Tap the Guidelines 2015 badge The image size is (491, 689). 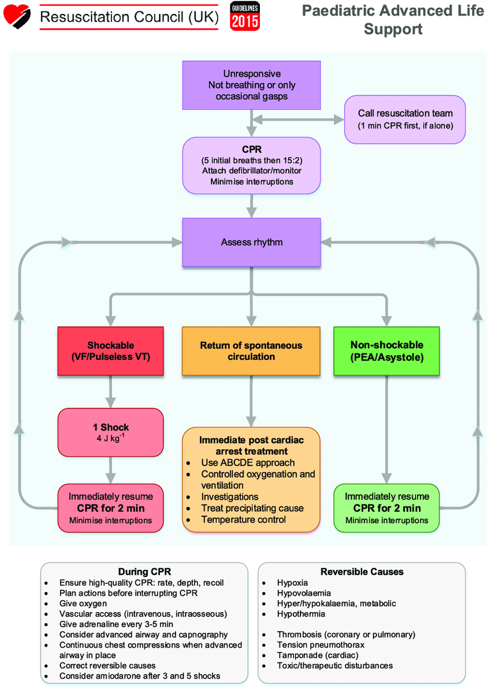coord(245,16)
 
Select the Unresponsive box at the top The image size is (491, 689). coord(252,85)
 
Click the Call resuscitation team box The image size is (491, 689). coord(404,119)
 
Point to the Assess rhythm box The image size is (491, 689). coord(252,242)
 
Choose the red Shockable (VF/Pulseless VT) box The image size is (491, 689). coord(110,351)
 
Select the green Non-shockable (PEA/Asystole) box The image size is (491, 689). coord(386,351)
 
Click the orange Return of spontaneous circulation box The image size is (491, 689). coord(251,351)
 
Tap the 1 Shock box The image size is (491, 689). coord(110,432)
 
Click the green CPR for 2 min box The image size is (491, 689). coord(386,508)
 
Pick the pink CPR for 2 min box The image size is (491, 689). coord(110,508)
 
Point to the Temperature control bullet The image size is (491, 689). coord(243,519)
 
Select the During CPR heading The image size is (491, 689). coord(144,572)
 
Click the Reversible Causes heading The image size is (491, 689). coord(362,572)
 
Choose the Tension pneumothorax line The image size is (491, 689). coord(321,645)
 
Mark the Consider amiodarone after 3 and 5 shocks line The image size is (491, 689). coord(139,676)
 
